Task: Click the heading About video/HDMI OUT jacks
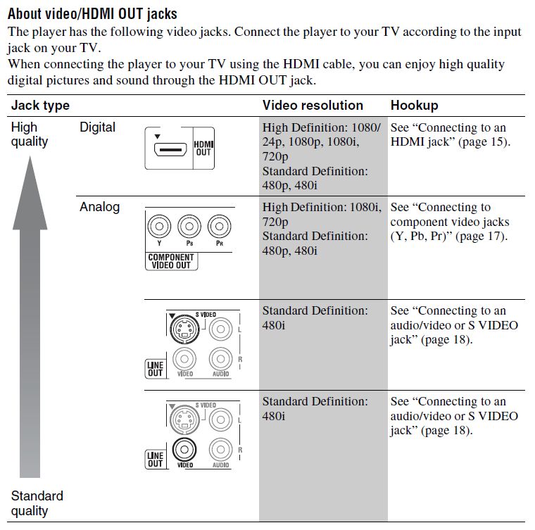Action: [x=92, y=13]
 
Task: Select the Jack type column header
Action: [x=40, y=106]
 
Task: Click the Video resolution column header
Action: [x=313, y=106]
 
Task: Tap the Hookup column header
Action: [x=414, y=106]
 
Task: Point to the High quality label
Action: [x=30, y=134]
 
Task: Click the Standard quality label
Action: [x=37, y=503]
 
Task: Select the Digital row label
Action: [x=97, y=128]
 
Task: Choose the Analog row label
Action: [x=99, y=207]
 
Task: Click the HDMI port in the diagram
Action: [x=168, y=149]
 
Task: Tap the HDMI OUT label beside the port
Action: [x=203, y=149]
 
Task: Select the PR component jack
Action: [x=220, y=227]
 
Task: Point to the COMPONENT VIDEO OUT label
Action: [x=171, y=261]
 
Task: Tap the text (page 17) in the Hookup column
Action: [x=481, y=236]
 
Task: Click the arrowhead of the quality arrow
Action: [x=30, y=176]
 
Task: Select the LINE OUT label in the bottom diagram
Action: [x=155, y=460]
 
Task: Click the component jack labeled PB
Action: [x=189, y=227]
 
